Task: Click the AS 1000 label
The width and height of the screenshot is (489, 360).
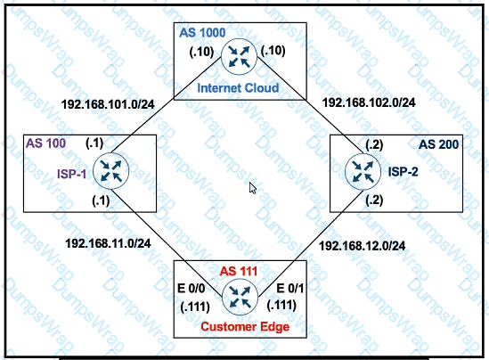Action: coord(202,33)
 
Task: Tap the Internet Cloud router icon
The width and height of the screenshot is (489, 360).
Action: coord(239,56)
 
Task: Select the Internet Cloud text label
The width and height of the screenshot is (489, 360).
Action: coord(238,87)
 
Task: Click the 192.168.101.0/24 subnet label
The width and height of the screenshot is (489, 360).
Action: coord(108,104)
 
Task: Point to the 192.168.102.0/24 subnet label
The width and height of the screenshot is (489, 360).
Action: coord(369,102)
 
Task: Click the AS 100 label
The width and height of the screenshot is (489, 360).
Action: coord(45,143)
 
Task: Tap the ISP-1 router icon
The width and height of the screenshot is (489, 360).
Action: coord(110,171)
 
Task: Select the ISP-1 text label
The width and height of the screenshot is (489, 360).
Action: coord(71,174)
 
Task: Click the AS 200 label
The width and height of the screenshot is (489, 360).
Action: coord(438,144)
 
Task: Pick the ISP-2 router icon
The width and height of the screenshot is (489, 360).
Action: coord(363,172)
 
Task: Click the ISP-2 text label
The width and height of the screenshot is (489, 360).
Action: coord(403,172)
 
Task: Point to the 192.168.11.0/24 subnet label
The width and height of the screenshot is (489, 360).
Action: coord(108,243)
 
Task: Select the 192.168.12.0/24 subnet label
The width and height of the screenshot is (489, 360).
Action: coord(362,246)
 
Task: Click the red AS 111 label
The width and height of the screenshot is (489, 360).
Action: coord(239,272)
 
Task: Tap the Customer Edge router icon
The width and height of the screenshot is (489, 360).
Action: coord(240,297)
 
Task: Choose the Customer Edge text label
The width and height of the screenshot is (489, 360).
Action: coord(245,327)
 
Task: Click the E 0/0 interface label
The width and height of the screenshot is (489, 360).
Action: coord(192,289)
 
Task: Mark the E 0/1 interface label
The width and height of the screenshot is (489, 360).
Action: coord(290,288)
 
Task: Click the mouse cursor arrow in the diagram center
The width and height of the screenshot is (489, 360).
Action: coord(252,188)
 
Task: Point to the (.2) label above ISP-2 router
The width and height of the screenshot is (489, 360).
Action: coord(374,144)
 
